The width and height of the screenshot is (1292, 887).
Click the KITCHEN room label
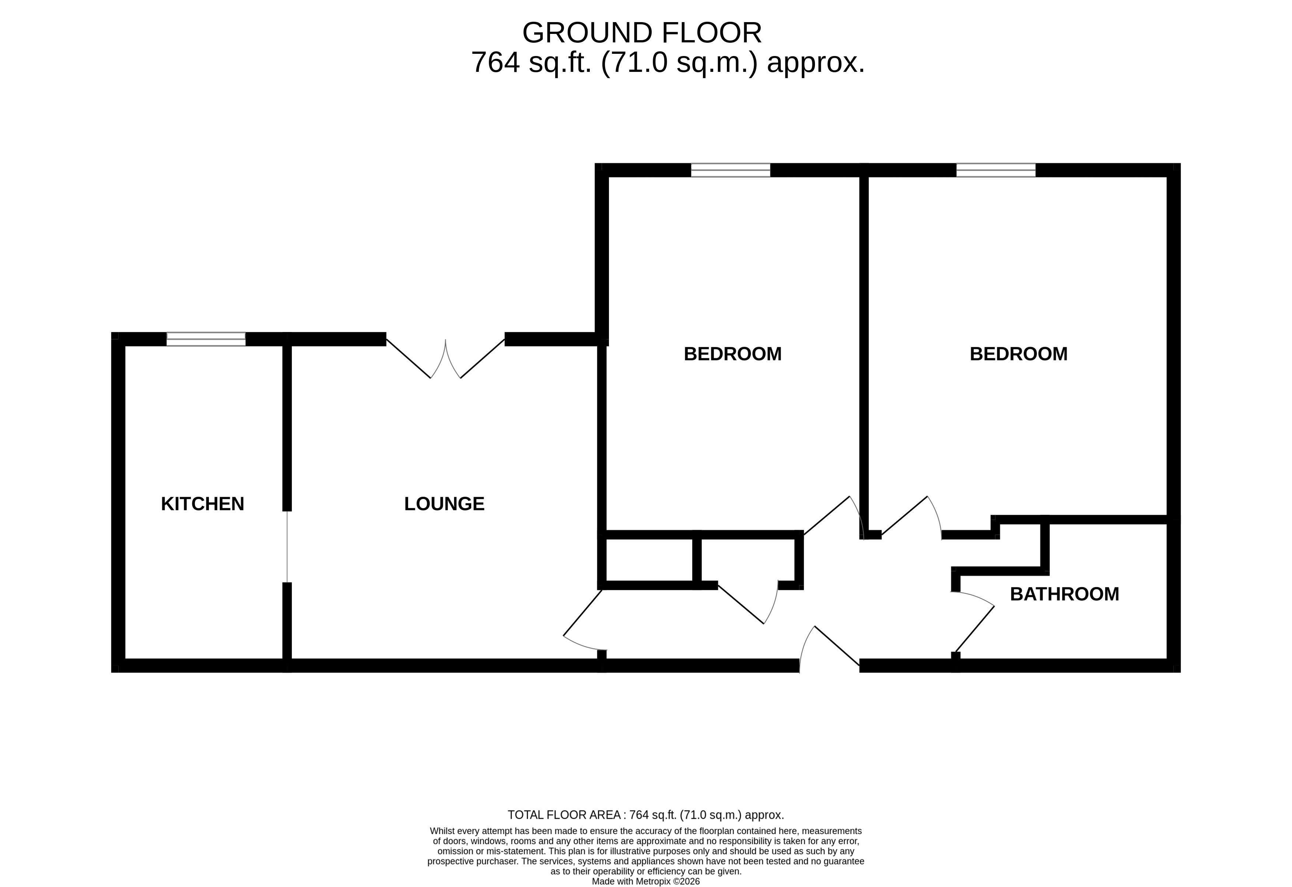point(202,504)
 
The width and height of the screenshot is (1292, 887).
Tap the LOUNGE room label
point(444,504)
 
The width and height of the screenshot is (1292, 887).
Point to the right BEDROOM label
point(1019,354)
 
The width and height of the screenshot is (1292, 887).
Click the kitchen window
point(206,339)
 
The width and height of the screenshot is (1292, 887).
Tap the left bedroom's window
point(731,170)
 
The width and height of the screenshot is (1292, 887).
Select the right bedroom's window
point(996,170)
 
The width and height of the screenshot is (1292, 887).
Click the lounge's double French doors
point(445,359)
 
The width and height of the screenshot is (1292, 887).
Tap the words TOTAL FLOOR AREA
point(564,815)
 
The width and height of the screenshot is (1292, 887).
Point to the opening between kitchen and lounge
point(287,546)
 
